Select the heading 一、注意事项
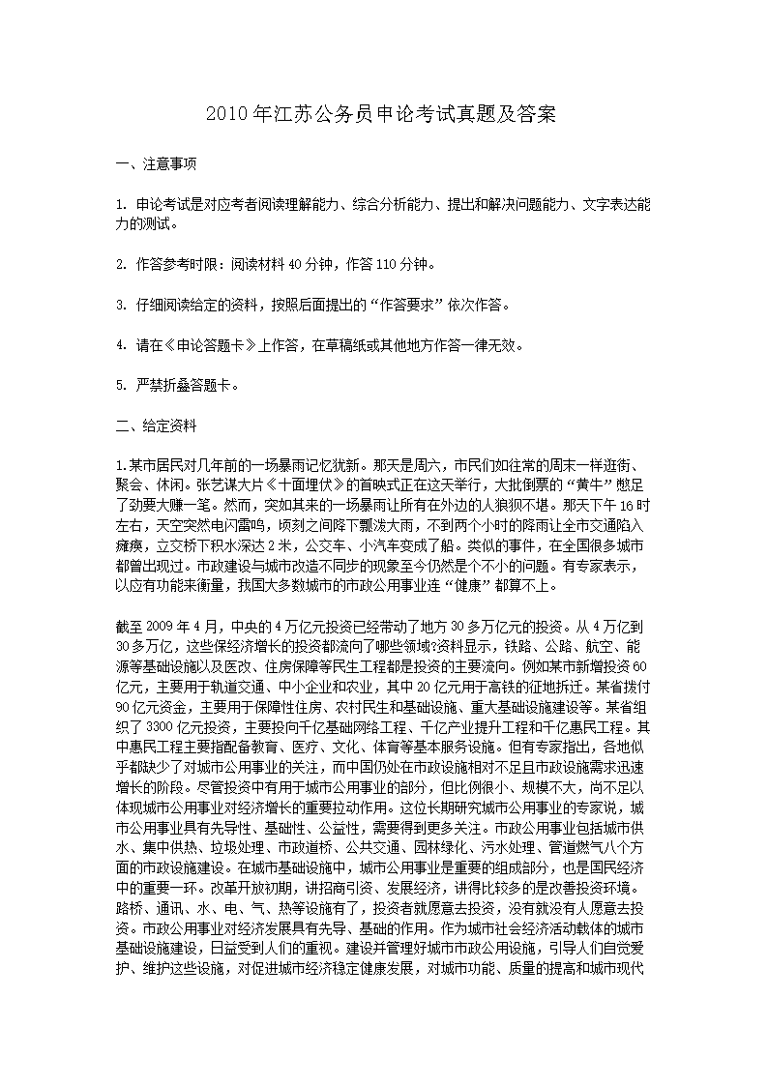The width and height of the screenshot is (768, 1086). click(156, 164)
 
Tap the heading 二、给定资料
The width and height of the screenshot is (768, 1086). click(156, 423)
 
